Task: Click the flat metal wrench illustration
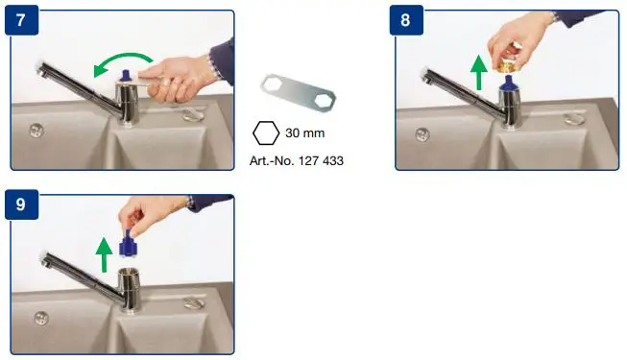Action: coord(301,96)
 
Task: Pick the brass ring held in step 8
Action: coord(508,63)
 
